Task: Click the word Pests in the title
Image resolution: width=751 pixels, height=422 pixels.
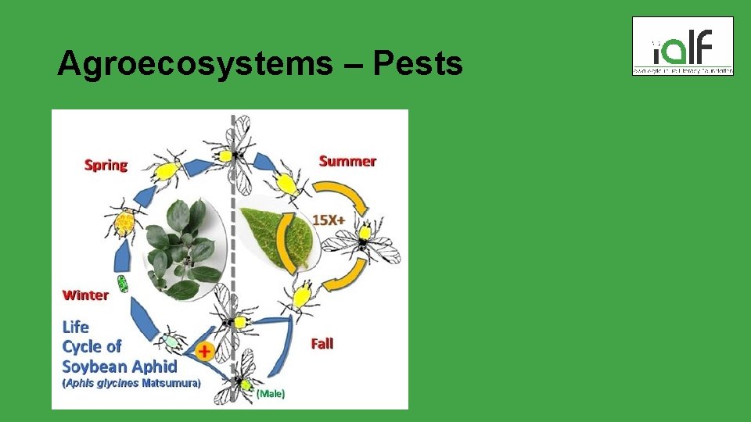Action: tap(418, 64)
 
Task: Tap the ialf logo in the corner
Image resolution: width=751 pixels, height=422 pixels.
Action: tap(682, 46)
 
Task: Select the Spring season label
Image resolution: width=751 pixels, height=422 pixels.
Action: tap(106, 165)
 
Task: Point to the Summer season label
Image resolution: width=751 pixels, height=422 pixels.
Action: tap(347, 161)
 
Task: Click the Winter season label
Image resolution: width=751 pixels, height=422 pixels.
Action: tap(85, 295)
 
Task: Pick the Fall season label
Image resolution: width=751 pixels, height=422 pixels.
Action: tap(322, 343)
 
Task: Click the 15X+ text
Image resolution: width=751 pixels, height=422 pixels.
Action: tap(329, 220)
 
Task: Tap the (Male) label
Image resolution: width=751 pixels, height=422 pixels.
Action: tap(271, 394)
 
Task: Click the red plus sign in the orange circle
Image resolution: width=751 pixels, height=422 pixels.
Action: tap(204, 352)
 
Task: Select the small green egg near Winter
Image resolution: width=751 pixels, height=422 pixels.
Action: tap(122, 283)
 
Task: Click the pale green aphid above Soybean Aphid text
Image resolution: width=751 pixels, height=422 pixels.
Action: tap(171, 341)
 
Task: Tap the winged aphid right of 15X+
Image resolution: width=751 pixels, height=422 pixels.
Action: tap(364, 240)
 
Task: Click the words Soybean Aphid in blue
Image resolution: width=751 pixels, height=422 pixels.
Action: tap(119, 366)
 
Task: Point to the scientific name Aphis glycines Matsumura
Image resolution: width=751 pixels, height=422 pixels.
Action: tap(131, 384)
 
